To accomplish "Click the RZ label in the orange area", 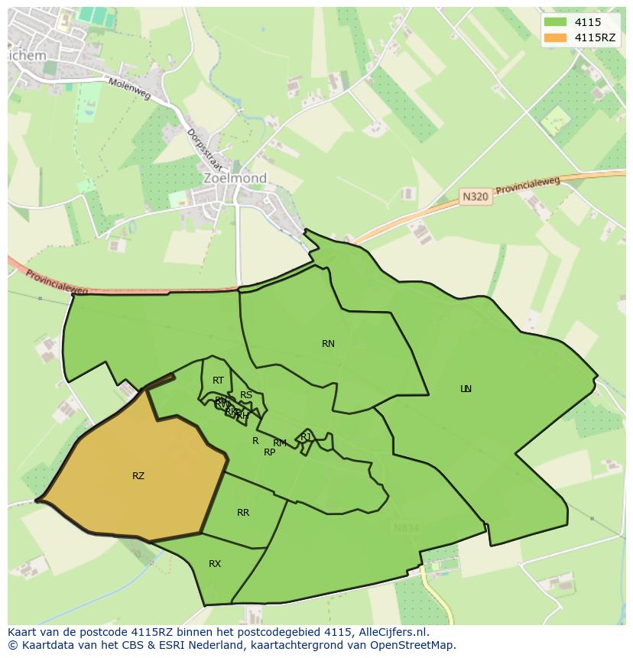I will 138,476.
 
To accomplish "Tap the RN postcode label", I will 328,344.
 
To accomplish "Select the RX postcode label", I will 215,564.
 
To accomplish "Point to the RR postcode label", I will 243,513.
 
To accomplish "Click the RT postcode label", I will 219,381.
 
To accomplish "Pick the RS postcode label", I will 246,395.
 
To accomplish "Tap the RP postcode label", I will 269,452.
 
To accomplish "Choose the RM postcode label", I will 280,443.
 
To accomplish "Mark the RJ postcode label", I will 306,437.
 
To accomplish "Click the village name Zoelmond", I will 235,178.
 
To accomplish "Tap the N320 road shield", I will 475,197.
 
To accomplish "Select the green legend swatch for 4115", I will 555,23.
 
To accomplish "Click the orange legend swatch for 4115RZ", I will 555,37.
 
